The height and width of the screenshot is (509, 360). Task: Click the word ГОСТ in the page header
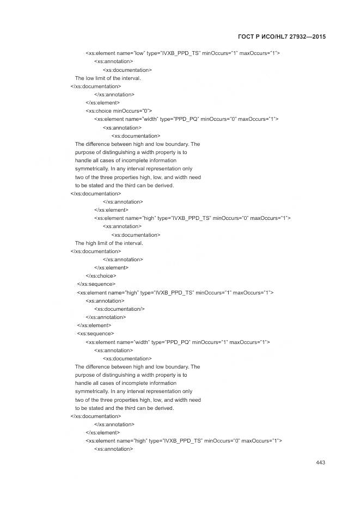(248, 36)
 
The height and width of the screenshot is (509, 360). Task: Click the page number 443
(320, 463)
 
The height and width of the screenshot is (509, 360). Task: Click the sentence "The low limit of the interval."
(108, 78)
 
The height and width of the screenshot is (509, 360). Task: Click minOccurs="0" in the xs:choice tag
(132, 111)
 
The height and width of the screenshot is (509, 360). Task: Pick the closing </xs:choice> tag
(100, 276)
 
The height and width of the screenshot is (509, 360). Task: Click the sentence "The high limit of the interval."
(109, 243)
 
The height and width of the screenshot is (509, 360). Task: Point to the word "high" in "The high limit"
(91, 243)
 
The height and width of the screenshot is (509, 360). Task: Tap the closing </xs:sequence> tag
(96, 284)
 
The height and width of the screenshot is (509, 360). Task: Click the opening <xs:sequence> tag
(95, 334)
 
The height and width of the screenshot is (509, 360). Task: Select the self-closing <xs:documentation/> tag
(119, 309)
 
